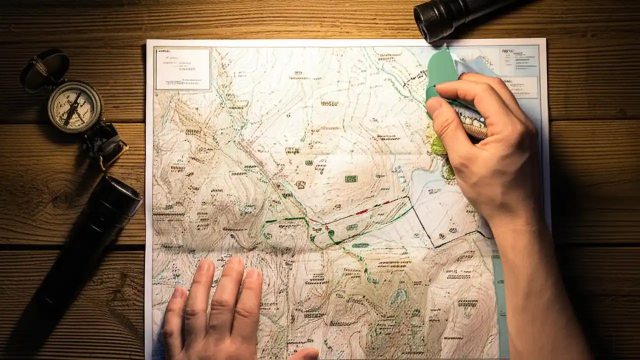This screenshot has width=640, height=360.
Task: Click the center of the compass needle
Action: (73, 108)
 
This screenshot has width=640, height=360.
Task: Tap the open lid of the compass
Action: (45, 70)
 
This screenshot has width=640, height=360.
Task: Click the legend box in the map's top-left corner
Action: (182, 68)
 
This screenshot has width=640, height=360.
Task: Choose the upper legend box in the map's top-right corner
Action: (519, 60)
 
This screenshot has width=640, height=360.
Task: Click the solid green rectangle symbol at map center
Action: (351, 178)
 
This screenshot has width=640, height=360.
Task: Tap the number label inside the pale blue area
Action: (434, 191)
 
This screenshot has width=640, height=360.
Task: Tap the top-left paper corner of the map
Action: (147, 41)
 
